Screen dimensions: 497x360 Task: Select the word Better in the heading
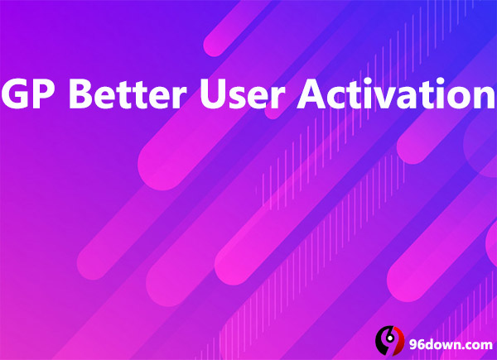[x=128, y=94]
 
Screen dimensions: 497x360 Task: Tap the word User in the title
[x=242, y=94]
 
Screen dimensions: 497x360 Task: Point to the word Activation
[x=396, y=93]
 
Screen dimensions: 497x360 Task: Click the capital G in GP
[x=16, y=94]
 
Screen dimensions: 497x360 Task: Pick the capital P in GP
[x=47, y=94]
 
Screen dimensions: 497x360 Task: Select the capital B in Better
[x=81, y=94]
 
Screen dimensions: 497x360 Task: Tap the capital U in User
[x=214, y=94]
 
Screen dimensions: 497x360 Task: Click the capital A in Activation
[x=312, y=94]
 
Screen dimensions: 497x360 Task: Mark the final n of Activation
[x=484, y=97]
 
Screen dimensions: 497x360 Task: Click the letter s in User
[x=240, y=98]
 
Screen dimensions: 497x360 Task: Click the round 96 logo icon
[x=389, y=340]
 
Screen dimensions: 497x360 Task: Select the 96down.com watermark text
[x=451, y=344]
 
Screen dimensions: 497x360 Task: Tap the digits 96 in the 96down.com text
[x=417, y=344]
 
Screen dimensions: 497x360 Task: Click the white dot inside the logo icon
[x=390, y=338]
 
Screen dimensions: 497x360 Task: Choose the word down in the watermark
[x=442, y=344]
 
